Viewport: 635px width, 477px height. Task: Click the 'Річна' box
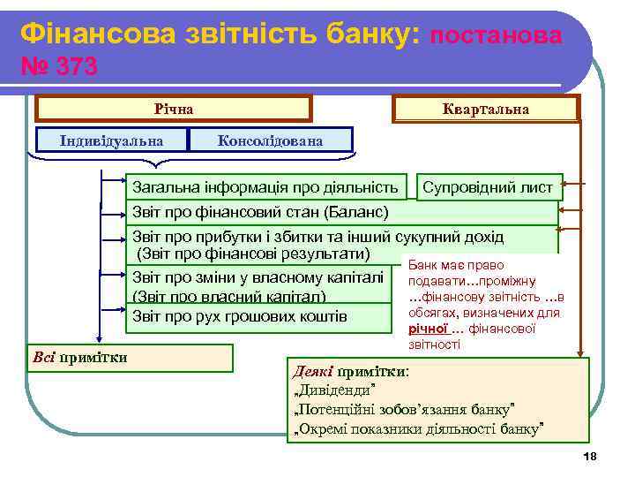[x=173, y=109]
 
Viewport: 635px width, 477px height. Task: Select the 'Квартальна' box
[x=486, y=109]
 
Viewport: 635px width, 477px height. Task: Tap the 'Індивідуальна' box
[x=111, y=140]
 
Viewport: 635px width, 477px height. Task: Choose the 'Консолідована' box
[x=270, y=140]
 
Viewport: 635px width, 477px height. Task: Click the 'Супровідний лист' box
[x=488, y=187]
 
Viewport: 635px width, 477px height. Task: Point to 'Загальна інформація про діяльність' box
[x=265, y=187]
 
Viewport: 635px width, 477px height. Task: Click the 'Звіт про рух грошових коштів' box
[x=257, y=316]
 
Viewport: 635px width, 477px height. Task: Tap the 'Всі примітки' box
[x=131, y=357]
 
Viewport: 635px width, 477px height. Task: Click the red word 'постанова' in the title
[x=497, y=35]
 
